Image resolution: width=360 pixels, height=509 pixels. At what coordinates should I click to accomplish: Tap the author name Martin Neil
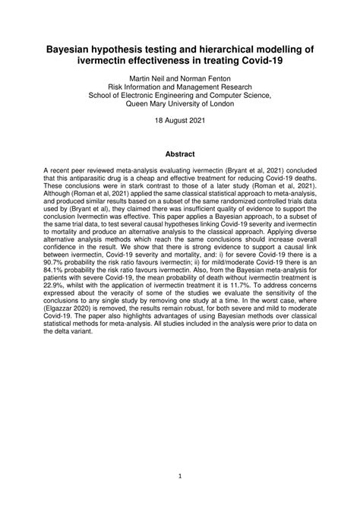tap(150, 78)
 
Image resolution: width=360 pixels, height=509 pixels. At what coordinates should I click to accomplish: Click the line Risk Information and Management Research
tap(179, 87)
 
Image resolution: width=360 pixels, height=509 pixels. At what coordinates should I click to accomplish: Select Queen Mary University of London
tap(179, 106)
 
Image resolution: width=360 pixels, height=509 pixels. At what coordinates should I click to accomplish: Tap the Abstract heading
tap(179, 153)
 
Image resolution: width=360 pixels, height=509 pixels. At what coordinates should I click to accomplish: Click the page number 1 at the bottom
tap(179, 477)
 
